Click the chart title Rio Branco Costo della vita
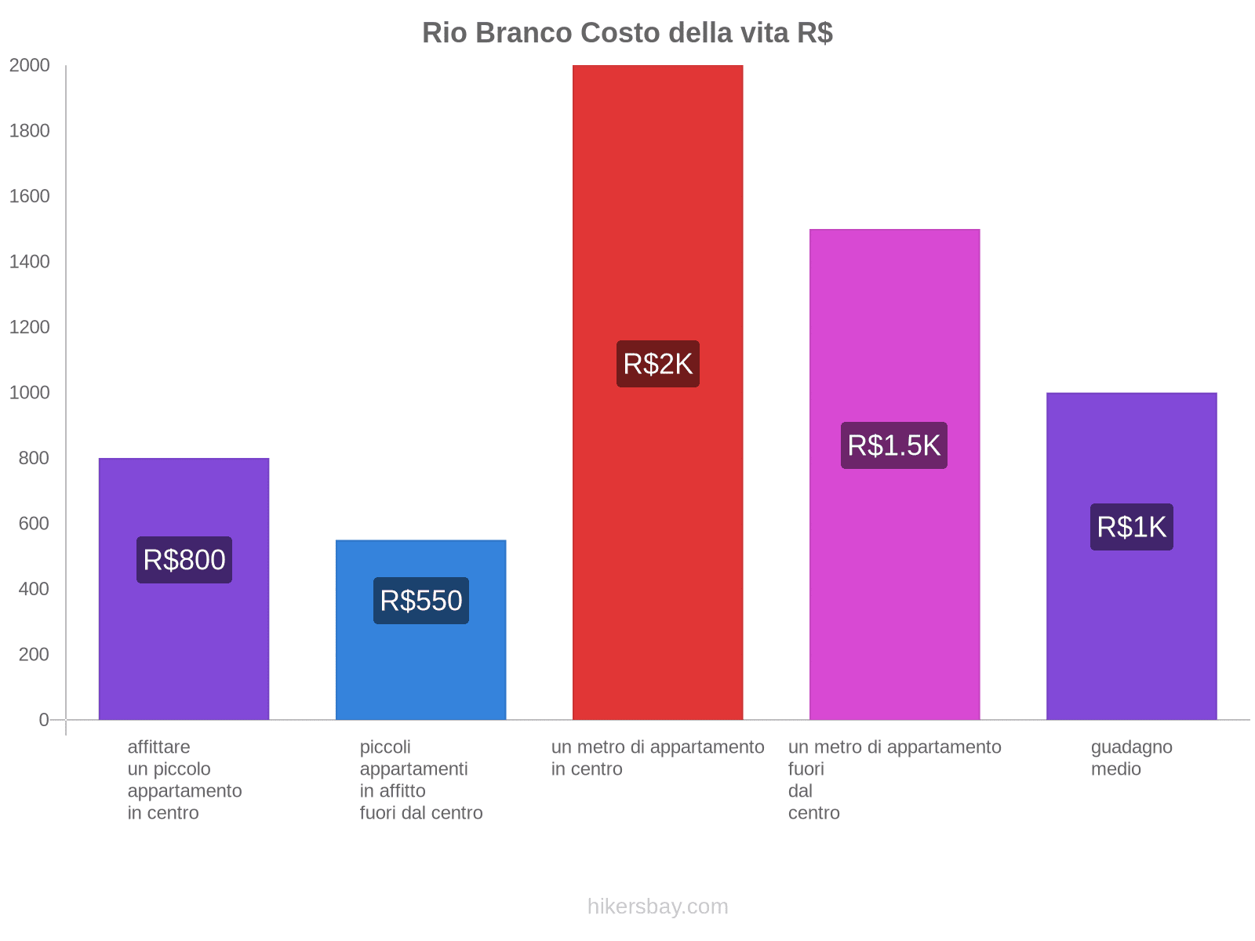627,33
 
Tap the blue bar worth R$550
420,667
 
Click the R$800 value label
184,560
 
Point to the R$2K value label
657,364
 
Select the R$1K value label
1131,527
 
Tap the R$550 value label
420,601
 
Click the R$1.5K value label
894,445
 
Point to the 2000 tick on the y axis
30,66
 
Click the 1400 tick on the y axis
30,262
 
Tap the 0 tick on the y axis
44,720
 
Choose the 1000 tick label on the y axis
30,393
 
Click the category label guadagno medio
1131,758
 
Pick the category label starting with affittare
184,779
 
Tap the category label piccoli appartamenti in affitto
420,779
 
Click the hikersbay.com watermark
657,906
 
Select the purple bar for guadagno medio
1131,627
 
